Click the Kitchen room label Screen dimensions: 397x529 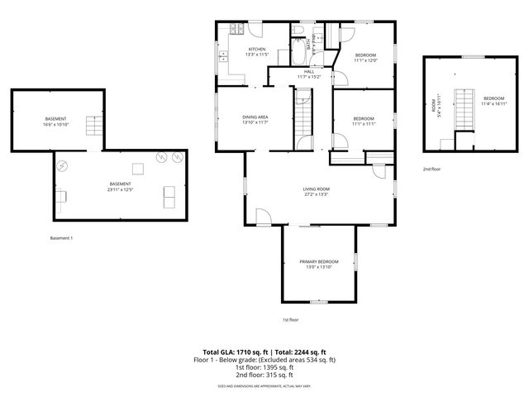coord(257,52)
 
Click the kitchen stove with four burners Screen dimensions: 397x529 coord(235,31)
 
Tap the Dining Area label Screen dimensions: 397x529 coord(255,120)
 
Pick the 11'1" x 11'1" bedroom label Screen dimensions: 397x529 coord(364,121)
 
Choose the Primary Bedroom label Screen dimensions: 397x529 coord(318,264)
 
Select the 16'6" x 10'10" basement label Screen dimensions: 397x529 coord(56,122)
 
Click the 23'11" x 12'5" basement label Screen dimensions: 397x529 coord(120,187)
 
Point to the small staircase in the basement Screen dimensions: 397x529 coord(139,170)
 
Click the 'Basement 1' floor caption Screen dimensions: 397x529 coord(62,238)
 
